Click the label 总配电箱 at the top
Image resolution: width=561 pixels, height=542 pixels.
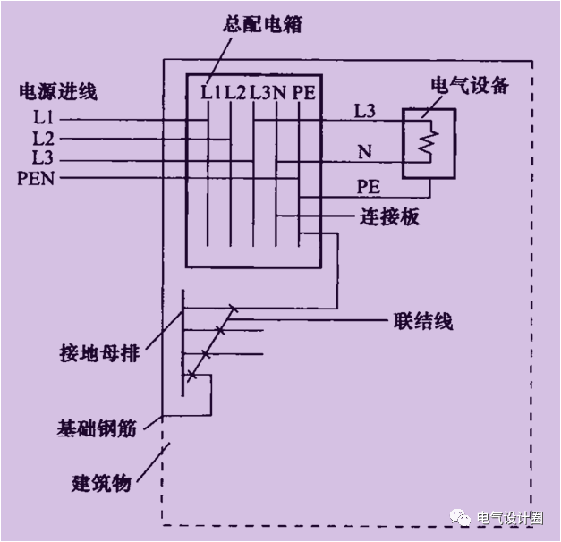tap(261, 25)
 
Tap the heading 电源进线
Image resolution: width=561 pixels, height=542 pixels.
tap(57, 91)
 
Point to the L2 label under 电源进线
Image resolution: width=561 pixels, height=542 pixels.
tap(43, 140)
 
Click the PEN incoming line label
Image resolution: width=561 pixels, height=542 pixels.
tap(36, 178)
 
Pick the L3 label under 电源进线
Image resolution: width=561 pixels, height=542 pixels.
tap(43, 158)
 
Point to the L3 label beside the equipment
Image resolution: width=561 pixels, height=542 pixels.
tap(365, 112)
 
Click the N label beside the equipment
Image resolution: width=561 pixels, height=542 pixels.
tap(364, 153)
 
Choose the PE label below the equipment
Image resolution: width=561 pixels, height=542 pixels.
tap(370, 188)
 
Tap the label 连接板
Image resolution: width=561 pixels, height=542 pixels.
tap(388, 217)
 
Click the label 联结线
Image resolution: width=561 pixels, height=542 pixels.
tap(422, 321)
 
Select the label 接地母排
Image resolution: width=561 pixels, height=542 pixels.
tap(90, 355)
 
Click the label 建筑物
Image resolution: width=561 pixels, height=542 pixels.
tap(101, 483)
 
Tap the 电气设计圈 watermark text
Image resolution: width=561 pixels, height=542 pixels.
tap(511, 518)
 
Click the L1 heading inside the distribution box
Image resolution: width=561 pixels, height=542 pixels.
tap(209, 91)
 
